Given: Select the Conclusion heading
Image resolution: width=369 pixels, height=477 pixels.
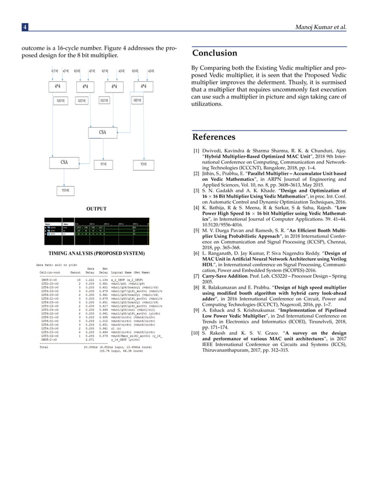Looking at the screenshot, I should coord(215,54).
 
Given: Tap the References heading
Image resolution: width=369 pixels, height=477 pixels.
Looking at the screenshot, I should coord(214,137).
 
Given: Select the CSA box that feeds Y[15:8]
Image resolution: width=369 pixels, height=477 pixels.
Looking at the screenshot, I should coord(64,163).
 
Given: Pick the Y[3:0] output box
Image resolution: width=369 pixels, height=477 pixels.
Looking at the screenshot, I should coord(152,164).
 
